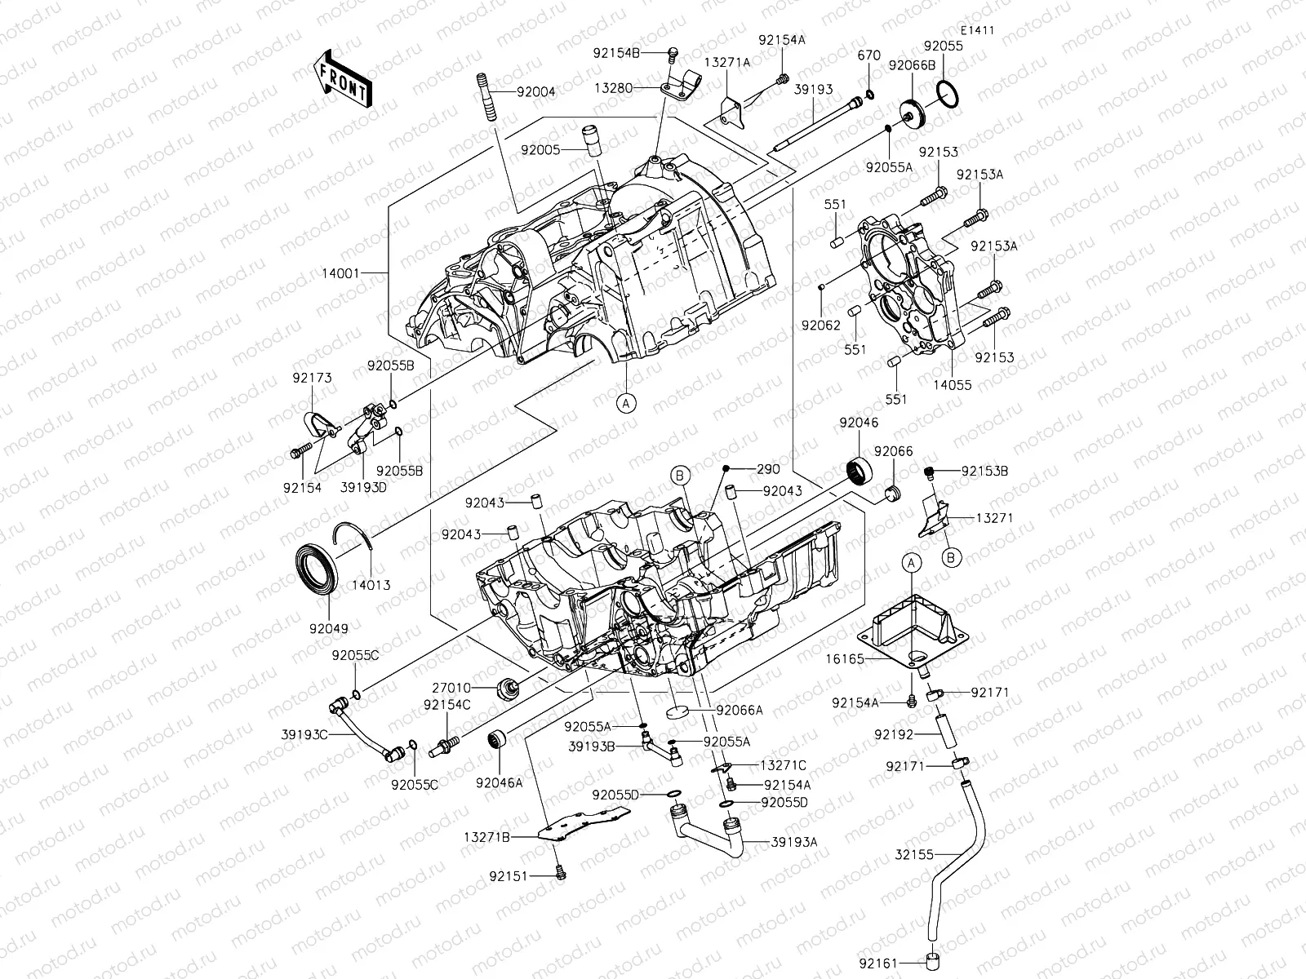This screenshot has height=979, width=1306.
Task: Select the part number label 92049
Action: pos(328,628)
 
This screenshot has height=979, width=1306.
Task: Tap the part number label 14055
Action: pos(952,385)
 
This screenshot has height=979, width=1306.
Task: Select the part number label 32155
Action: pos(913,854)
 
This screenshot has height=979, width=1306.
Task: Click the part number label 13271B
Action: pos(487,837)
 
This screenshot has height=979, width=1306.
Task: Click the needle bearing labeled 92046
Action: pos(860,471)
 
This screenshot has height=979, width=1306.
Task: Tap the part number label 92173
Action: pos(313,378)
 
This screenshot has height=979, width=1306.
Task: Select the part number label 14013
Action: pos(371,584)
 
